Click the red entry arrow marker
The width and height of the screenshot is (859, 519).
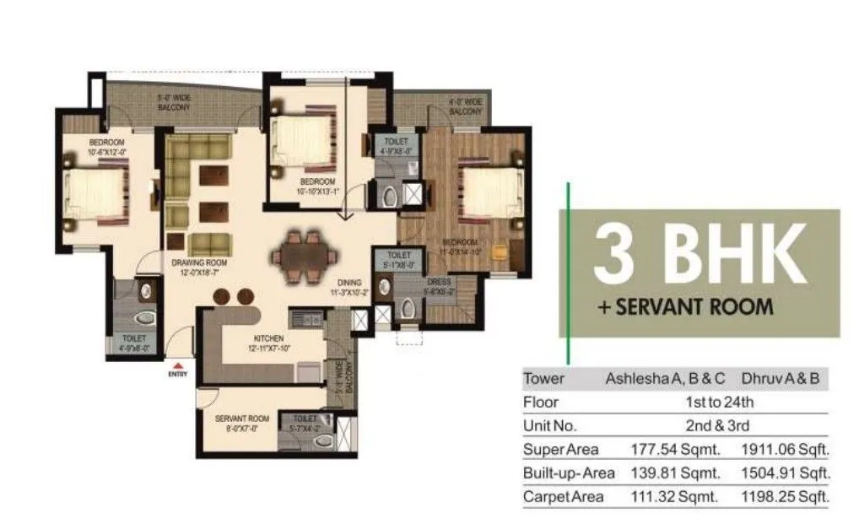click(178, 365)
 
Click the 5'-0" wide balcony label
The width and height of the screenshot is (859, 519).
click(173, 104)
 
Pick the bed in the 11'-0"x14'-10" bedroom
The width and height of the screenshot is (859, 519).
click(489, 193)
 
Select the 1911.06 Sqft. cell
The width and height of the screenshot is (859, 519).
click(785, 449)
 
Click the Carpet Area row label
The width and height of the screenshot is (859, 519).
click(563, 497)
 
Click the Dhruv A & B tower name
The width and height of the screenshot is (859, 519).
click(779, 379)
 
